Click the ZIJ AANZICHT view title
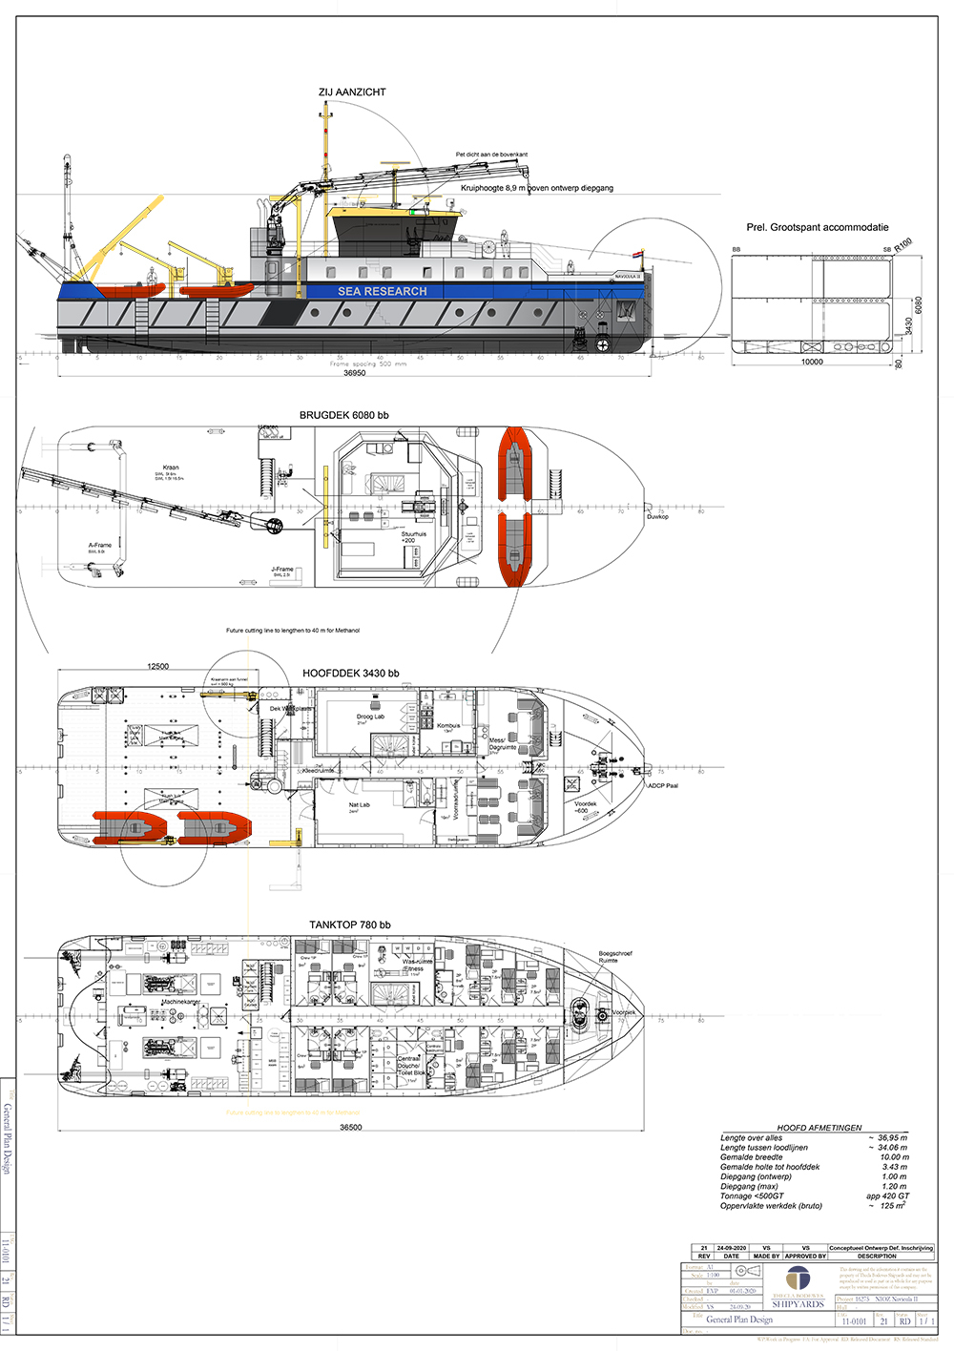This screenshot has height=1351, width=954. [352, 93]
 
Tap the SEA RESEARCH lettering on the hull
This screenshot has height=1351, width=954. [383, 292]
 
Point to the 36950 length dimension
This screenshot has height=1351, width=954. [354, 373]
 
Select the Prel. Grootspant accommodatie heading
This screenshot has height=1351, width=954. [817, 228]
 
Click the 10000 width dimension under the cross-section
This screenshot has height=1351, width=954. [811, 363]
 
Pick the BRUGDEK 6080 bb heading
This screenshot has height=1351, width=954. [343, 416]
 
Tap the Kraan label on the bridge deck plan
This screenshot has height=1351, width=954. [171, 468]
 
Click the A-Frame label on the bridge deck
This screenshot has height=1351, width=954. [100, 545]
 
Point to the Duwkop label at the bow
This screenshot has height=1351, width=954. [657, 517]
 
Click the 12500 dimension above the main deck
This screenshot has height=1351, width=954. [157, 667]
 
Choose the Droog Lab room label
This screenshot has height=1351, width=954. [370, 717]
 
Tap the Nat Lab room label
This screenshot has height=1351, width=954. [359, 805]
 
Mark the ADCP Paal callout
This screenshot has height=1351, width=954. [662, 786]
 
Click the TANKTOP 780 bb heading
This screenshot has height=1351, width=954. [349, 925]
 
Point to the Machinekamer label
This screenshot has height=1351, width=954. [180, 1002]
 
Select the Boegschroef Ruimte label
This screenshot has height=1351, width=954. [614, 957]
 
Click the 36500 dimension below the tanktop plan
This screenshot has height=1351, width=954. [350, 1128]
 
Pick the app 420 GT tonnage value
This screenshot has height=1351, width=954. [887, 1196]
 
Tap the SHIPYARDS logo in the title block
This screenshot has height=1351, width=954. [798, 1303]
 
